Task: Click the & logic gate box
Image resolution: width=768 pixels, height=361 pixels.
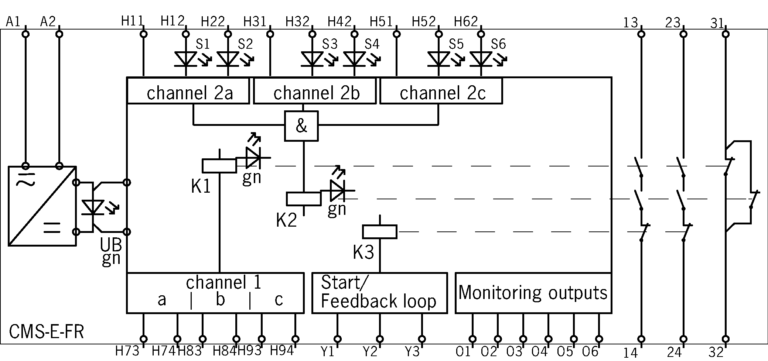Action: pos(301,126)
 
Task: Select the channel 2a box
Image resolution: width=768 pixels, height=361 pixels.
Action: pos(188,91)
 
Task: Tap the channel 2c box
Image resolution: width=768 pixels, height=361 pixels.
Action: pos(441,91)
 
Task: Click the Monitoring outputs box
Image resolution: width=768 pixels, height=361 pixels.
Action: pos(533,293)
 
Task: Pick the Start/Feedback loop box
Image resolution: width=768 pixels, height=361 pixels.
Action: pos(379,293)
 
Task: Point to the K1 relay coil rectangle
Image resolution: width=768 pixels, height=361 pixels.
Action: pos(219,166)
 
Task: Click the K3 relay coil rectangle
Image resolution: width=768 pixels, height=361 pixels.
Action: pos(380,231)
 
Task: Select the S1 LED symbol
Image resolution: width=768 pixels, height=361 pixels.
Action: pos(185,59)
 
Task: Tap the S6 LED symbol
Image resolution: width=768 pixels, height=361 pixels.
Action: pos(481,59)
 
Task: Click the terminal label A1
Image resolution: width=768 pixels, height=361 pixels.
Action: pos(13,22)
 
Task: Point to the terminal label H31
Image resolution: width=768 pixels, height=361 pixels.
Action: pos(255,22)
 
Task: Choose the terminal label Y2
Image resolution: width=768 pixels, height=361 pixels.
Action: pos(370,352)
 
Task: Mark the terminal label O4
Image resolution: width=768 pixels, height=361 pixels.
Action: pos(539,352)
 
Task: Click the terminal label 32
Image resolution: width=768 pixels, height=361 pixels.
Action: pos(716,353)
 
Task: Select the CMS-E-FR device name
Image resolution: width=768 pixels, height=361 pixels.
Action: pos(46,332)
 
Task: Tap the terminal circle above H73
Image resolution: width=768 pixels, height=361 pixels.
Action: pos(144,339)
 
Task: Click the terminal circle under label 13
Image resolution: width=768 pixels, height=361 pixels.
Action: pos(642,34)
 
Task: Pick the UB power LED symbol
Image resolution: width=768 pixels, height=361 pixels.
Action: pos(92,207)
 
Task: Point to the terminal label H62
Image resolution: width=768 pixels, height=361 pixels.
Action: pos(466,22)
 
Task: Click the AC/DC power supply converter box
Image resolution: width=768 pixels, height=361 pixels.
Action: pos(42,206)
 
